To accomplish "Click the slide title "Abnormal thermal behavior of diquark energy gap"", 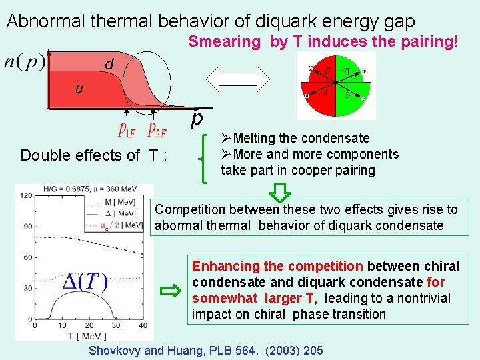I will (x=210, y=21).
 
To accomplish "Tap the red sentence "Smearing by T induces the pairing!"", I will (x=323, y=42).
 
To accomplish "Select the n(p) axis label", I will (x=25, y=62).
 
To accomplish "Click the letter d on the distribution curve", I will (x=109, y=65).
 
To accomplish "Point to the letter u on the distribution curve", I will (x=79, y=88).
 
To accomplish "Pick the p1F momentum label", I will (x=129, y=128).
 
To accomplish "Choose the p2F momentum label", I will (x=162, y=128).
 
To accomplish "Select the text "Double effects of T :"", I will (x=93, y=156).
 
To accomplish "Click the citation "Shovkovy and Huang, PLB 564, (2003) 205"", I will (x=206, y=351).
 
